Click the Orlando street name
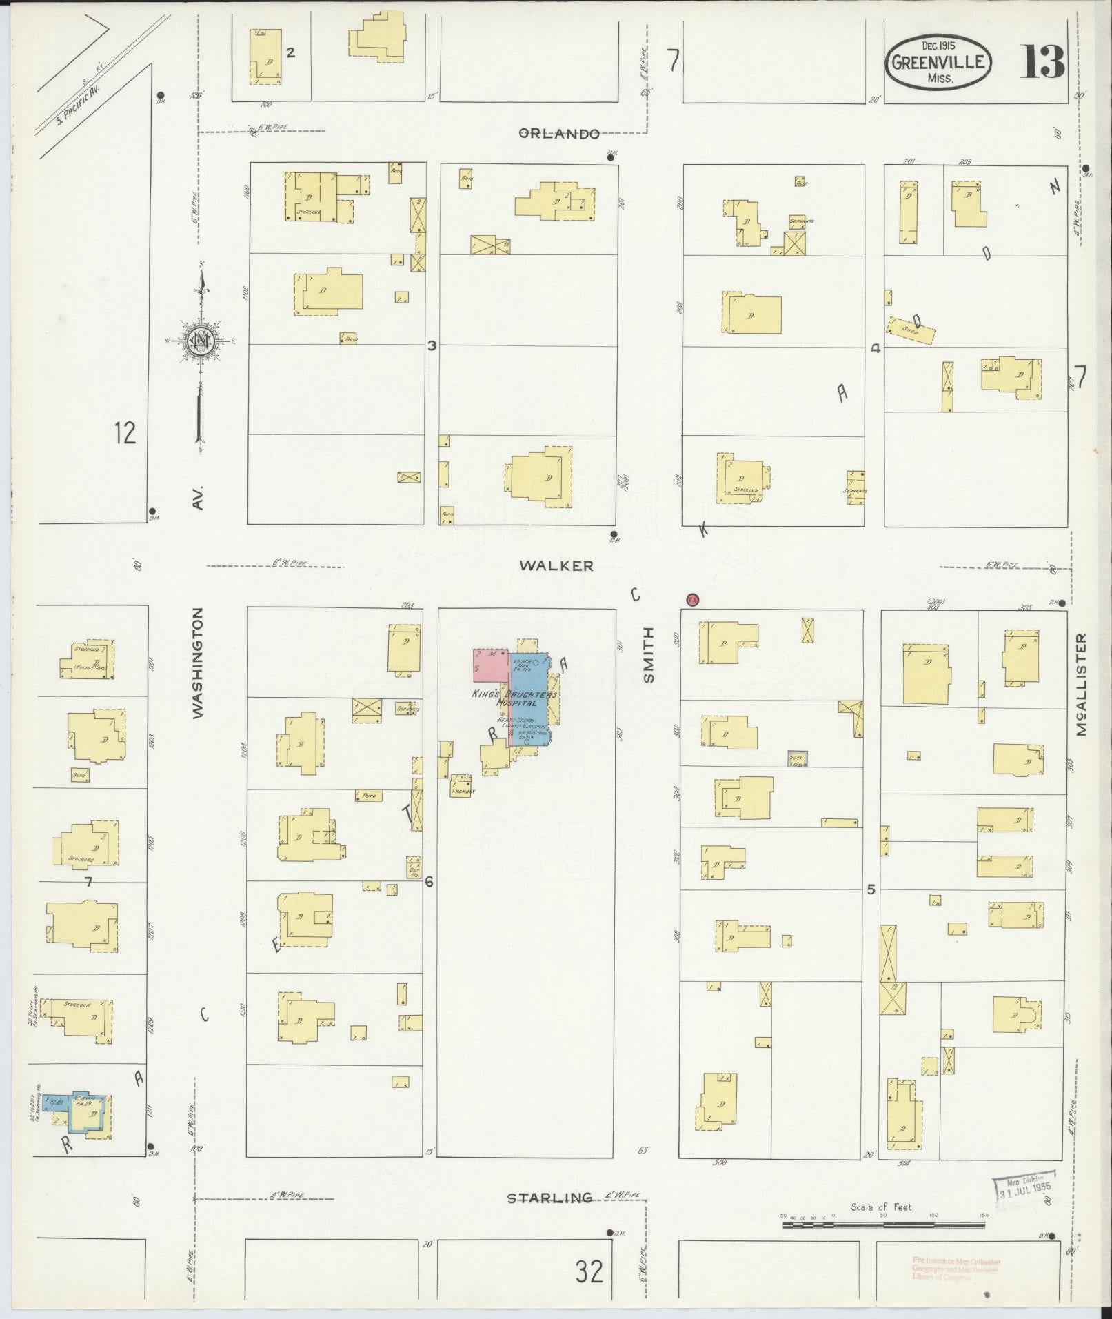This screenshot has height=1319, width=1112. [558, 134]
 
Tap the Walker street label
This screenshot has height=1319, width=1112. [556, 565]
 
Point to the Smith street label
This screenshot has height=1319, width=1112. [648, 655]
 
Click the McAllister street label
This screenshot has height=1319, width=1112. [1080, 685]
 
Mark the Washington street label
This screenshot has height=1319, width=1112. [198, 663]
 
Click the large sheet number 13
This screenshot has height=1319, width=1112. [1042, 63]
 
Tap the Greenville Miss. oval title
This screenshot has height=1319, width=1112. [938, 63]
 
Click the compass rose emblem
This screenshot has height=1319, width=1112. [201, 339]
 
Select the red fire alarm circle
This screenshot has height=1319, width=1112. [692, 600]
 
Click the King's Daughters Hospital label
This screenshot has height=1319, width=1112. [514, 698]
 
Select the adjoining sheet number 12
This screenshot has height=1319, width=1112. [125, 433]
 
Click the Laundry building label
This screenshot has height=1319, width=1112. [461, 792]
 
